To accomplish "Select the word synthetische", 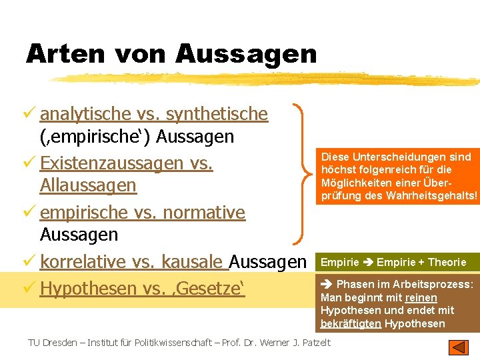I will pyautogui.click(x=217, y=114).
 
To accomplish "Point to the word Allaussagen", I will pyautogui.click(x=88, y=185).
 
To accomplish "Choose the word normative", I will pyautogui.click(x=207, y=213).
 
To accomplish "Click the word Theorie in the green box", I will pyautogui.click(x=447, y=262).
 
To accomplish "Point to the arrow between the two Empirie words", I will pyautogui.click(x=368, y=262).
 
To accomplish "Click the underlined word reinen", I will pyautogui.click(x=421, y=297).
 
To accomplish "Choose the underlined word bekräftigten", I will pyautogui.click(x=351, y=323).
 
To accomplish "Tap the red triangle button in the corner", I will pyautogui.click(x=459, y=347).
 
